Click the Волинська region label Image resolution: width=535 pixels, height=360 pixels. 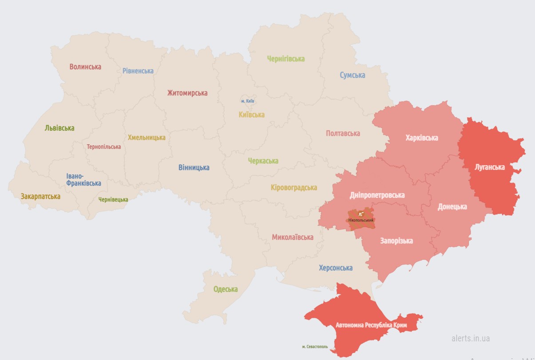tap(85, 67)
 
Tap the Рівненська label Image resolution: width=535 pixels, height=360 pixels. tap(138, 71)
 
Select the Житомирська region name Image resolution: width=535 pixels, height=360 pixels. tap(187, 93)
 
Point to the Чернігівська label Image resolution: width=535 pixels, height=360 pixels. tap(286, 59)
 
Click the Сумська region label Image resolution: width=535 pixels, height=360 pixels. tap(353, 75)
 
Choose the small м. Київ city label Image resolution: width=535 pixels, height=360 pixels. tap(248, 101)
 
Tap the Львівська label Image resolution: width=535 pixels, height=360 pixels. tap(59, 128)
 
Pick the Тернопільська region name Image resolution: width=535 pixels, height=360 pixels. tap(104, 147)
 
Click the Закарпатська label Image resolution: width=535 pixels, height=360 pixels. tap(40, 196)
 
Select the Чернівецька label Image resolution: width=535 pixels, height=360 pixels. tap(113, 200)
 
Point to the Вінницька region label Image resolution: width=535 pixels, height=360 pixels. tap(194, 168)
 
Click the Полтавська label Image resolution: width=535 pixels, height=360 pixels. tap(343, 134)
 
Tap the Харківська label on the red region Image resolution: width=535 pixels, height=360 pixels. tap(422, 138)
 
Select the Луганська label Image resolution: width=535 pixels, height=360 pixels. tap(490, 167)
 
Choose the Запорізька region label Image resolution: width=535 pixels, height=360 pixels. tap(396, 241)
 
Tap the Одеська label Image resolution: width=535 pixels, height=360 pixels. tap(226, 289)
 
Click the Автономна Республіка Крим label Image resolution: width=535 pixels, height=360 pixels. tap(377, 325)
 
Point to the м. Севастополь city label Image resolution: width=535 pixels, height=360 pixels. tap(315, 347)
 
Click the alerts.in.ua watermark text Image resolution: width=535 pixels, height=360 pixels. tap(471, 338)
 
